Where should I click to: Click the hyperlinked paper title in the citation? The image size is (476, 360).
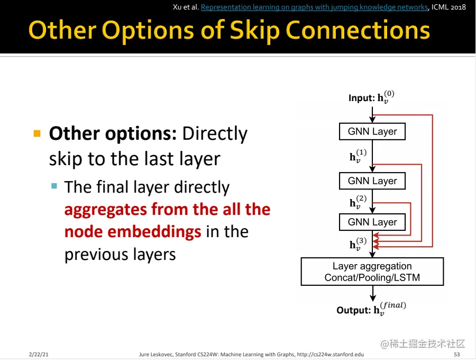(x=314, y=7)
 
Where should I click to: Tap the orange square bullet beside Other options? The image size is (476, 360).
(x=37, y=133)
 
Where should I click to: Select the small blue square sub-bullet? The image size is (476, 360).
(x=54, y=186)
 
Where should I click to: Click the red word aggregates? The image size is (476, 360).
(x=105, y=210)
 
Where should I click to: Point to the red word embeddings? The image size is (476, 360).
(x=154, y=231)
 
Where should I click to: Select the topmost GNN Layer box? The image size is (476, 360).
(x=372, y=131)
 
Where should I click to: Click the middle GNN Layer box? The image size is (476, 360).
(x=372, y=181)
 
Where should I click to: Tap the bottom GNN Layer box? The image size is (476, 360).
(x=372, y=222)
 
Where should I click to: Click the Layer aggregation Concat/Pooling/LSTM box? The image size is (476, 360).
(x=372, y=272)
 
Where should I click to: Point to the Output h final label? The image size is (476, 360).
(x=371, y=309)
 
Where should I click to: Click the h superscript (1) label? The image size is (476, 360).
(x=358, y=156)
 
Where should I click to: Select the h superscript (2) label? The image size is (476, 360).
(x=358, y=202)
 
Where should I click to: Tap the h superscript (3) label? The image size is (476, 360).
(x=358, y=244)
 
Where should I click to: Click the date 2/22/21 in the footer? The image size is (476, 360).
(x=39, y=354)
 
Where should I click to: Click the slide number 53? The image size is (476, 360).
(x=457, y=354)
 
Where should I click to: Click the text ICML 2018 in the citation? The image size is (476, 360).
(x=448, y=7)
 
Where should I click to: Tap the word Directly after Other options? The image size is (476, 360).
(x=215, y=134)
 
